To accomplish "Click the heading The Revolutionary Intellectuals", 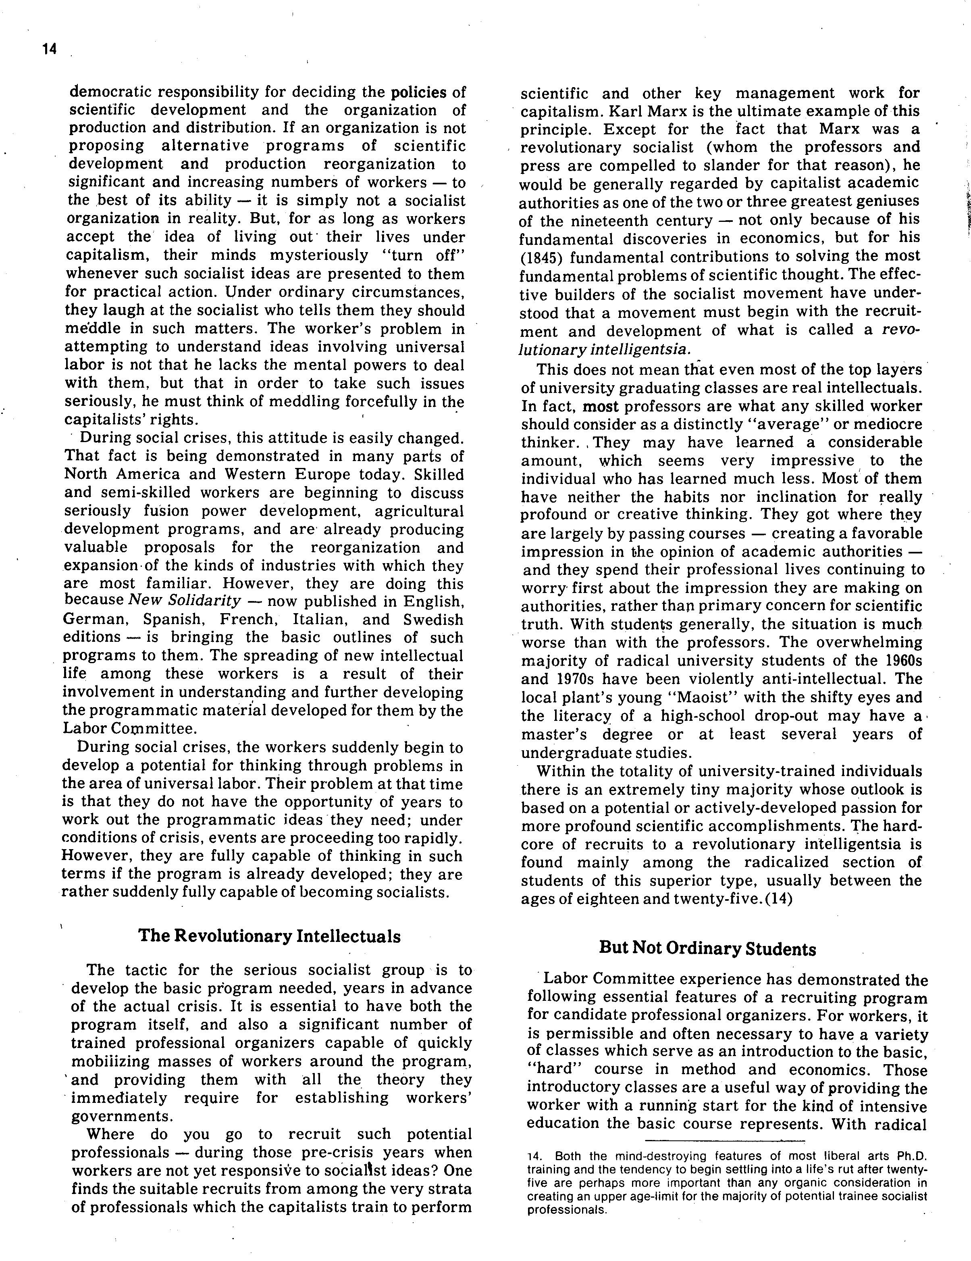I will tap(269, 936).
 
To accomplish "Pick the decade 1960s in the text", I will tap(902, 660).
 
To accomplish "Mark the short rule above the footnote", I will tap(725, 1141).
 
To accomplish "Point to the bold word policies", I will tap(419, 92).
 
